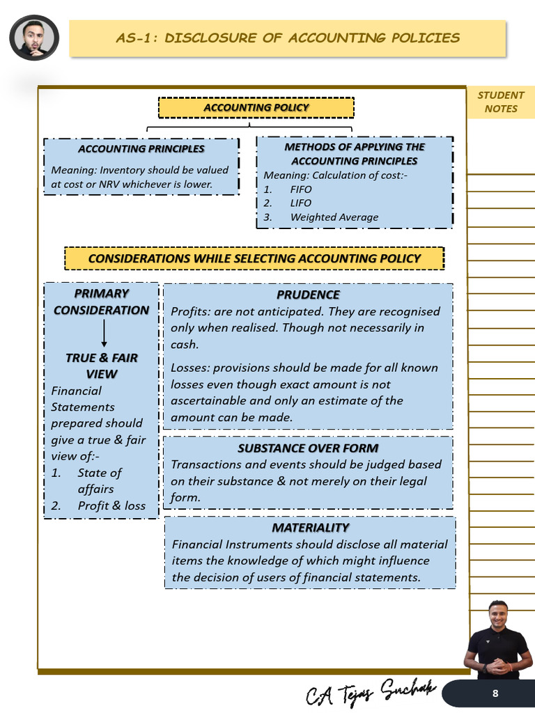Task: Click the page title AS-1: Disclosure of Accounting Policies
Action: coord(287,38)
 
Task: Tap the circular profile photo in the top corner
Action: coord(34,38)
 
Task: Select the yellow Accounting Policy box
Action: coord(256,107)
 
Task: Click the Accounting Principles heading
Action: coord(141,148)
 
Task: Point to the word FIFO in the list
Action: coord(301,189)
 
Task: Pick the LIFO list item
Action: coord(301,203)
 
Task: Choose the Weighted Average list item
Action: coord(334,217)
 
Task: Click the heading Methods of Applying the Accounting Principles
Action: coord(355,154)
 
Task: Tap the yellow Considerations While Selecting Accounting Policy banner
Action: coord(254,258)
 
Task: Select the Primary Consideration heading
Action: coord(102,301)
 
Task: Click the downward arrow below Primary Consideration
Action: coord(104,334)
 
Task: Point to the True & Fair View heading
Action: coord(102,366)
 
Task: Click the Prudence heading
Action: coord(308,295)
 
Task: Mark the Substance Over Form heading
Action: coord(308,448)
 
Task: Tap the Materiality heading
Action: coord(310,528)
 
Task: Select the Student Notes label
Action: coord(501,102)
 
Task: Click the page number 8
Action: coord(495,694)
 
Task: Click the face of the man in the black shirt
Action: coord(497,616)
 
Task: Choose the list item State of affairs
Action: coord(99,480)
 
